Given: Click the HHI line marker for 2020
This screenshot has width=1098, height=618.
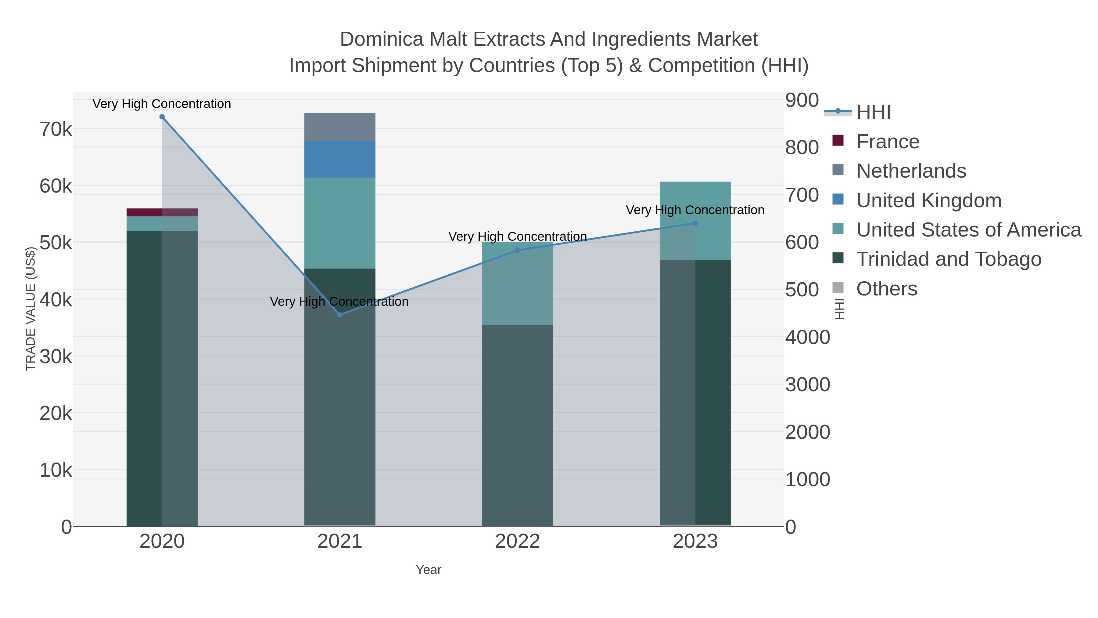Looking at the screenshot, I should pos(162,117).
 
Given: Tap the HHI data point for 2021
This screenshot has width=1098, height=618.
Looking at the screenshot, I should pos(340,315).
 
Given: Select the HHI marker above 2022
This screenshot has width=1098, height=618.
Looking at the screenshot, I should pos(518,250).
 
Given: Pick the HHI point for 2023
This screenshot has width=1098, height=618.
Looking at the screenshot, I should pos(695,223).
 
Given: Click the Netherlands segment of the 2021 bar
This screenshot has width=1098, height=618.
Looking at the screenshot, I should pos(340,127).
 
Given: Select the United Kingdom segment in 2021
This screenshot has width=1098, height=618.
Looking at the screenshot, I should pos(340,159).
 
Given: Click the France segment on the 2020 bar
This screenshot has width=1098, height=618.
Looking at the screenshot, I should pos(162,212).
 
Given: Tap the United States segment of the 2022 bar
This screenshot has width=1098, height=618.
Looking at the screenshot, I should pos(518,284).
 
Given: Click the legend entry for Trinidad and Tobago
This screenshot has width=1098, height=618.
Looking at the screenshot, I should pos(949,259).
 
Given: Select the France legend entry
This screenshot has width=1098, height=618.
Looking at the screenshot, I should pos(888,142).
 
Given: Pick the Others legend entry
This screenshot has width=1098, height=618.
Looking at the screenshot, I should pos(887,289).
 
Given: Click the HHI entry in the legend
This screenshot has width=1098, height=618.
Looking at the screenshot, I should pos(874,112).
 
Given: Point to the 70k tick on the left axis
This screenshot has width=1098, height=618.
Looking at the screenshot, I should pos(56,129).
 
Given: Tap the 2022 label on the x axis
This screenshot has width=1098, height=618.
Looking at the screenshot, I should pos(518,542).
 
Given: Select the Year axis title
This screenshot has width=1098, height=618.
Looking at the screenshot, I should pos(429,570).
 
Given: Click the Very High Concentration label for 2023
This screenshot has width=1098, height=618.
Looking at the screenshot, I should pos(695,210).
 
